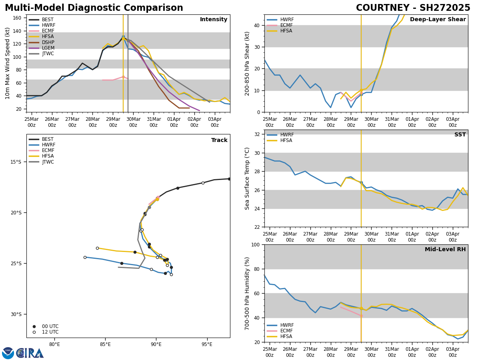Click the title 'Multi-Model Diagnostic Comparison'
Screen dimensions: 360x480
click(x=94, y=8)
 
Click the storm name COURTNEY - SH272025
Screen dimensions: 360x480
click(x=413, y=8)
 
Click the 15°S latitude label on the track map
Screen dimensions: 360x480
click(x=16, y=162)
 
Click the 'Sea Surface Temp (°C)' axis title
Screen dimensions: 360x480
click(x=247, y=178)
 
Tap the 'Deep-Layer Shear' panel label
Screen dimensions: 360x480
click(x=438, y=20)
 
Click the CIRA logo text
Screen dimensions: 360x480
click(x=30, y=353)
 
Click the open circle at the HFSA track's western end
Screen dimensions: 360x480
click(x=97, y=248)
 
